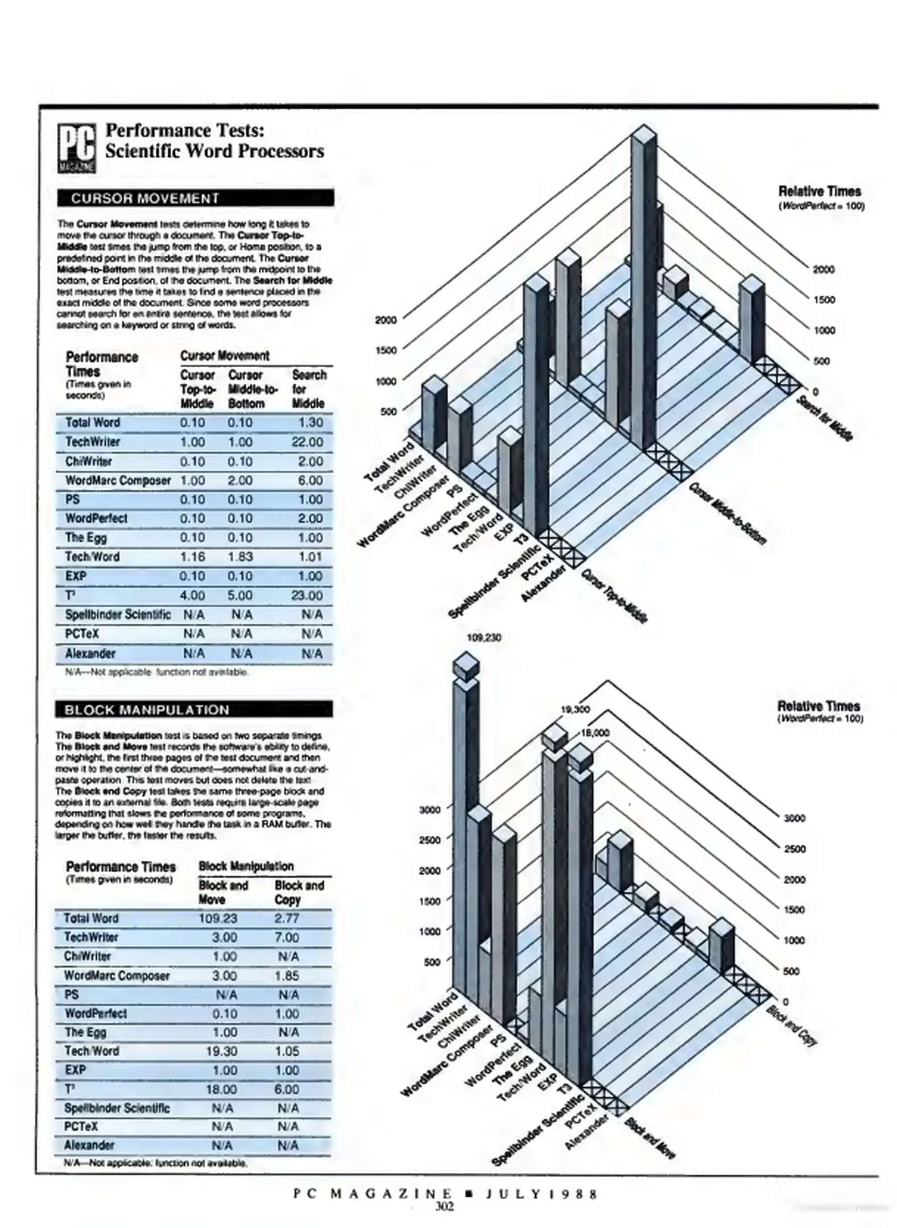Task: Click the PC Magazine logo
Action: point(77,149)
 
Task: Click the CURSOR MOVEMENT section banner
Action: point(195,198)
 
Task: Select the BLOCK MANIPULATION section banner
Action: point(193,710)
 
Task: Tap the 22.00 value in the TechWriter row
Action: point(307,442)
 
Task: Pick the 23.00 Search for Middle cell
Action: point(307,595)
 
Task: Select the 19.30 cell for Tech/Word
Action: point(221,1051)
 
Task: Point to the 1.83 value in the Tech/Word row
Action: point(240,557)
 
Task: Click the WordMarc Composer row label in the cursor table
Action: point(118,481)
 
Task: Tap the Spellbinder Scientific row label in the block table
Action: point(117,1108)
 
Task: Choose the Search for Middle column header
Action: point(309,389)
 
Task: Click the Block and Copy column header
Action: point(299,893)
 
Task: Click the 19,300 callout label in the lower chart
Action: point(575,710)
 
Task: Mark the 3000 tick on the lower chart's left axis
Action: point(429,810)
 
